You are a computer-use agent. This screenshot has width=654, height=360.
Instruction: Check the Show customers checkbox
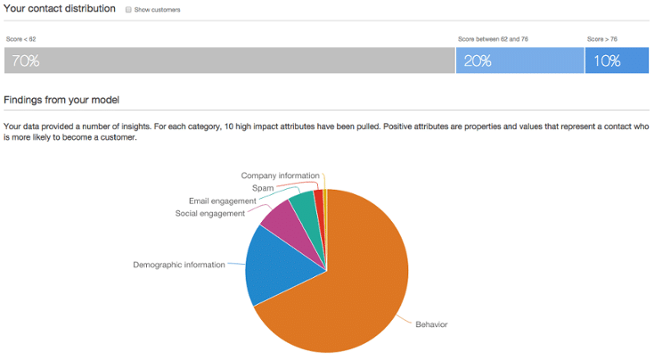[x=128, y=10]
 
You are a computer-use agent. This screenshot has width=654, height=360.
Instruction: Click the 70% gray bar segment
[x=229, y=61]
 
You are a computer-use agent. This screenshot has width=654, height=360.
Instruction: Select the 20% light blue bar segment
[x=520, y=61]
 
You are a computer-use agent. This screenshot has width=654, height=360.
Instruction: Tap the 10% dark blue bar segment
[x=617, y=61]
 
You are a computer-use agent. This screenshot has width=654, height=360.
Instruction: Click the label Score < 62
[x=20, y=39]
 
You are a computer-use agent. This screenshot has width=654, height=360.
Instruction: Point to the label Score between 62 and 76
[x=493, y=39]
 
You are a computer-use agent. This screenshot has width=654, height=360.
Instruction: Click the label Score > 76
[x=601, y=39]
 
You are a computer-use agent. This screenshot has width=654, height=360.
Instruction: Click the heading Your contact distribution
[x=60, y=8]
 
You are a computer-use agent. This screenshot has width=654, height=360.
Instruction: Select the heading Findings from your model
[x=61, y=100]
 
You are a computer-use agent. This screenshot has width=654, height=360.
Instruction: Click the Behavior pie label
[x=431, y=324]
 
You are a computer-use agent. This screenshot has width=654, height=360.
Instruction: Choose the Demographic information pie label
[x=179, y=265]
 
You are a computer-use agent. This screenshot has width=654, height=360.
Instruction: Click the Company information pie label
[x=281, y=176]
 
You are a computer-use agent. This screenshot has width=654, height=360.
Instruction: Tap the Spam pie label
[x=263, y=188]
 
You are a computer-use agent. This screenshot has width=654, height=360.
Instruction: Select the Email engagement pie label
[x=223, y=201]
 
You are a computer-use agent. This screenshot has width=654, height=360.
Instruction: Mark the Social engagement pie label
[x=209, y=214]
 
